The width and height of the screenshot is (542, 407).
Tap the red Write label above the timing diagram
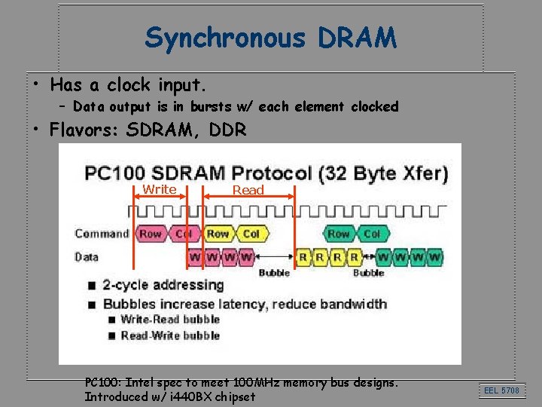[160, 189]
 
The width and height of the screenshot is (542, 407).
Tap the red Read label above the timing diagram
[248, 191]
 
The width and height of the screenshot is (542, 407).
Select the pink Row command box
[150, 234]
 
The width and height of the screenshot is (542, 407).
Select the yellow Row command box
[218, 234]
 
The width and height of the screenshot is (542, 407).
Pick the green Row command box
[339, 234]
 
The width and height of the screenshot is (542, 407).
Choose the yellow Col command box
[251, 234]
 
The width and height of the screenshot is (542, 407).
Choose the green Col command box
[372, 234]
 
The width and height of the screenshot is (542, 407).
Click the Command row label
[102, 234]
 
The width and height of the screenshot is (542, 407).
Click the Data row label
[87, 256]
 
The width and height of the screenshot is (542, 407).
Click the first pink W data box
[195, 257]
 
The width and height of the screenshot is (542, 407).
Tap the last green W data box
[435, 257]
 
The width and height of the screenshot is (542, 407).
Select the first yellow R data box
[303, 257]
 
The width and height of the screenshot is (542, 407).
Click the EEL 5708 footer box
[501, 390]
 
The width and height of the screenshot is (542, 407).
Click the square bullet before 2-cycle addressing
[92, 286]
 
